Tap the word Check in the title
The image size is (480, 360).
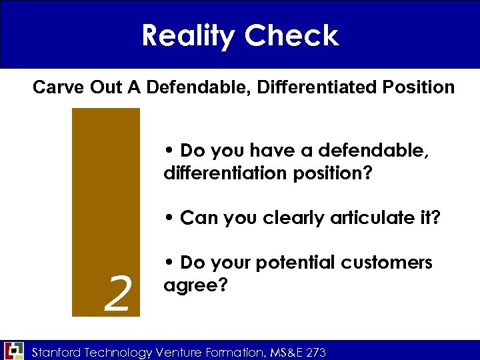click(x=292, y=35)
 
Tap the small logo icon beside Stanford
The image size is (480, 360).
click(x=14, y=350)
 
